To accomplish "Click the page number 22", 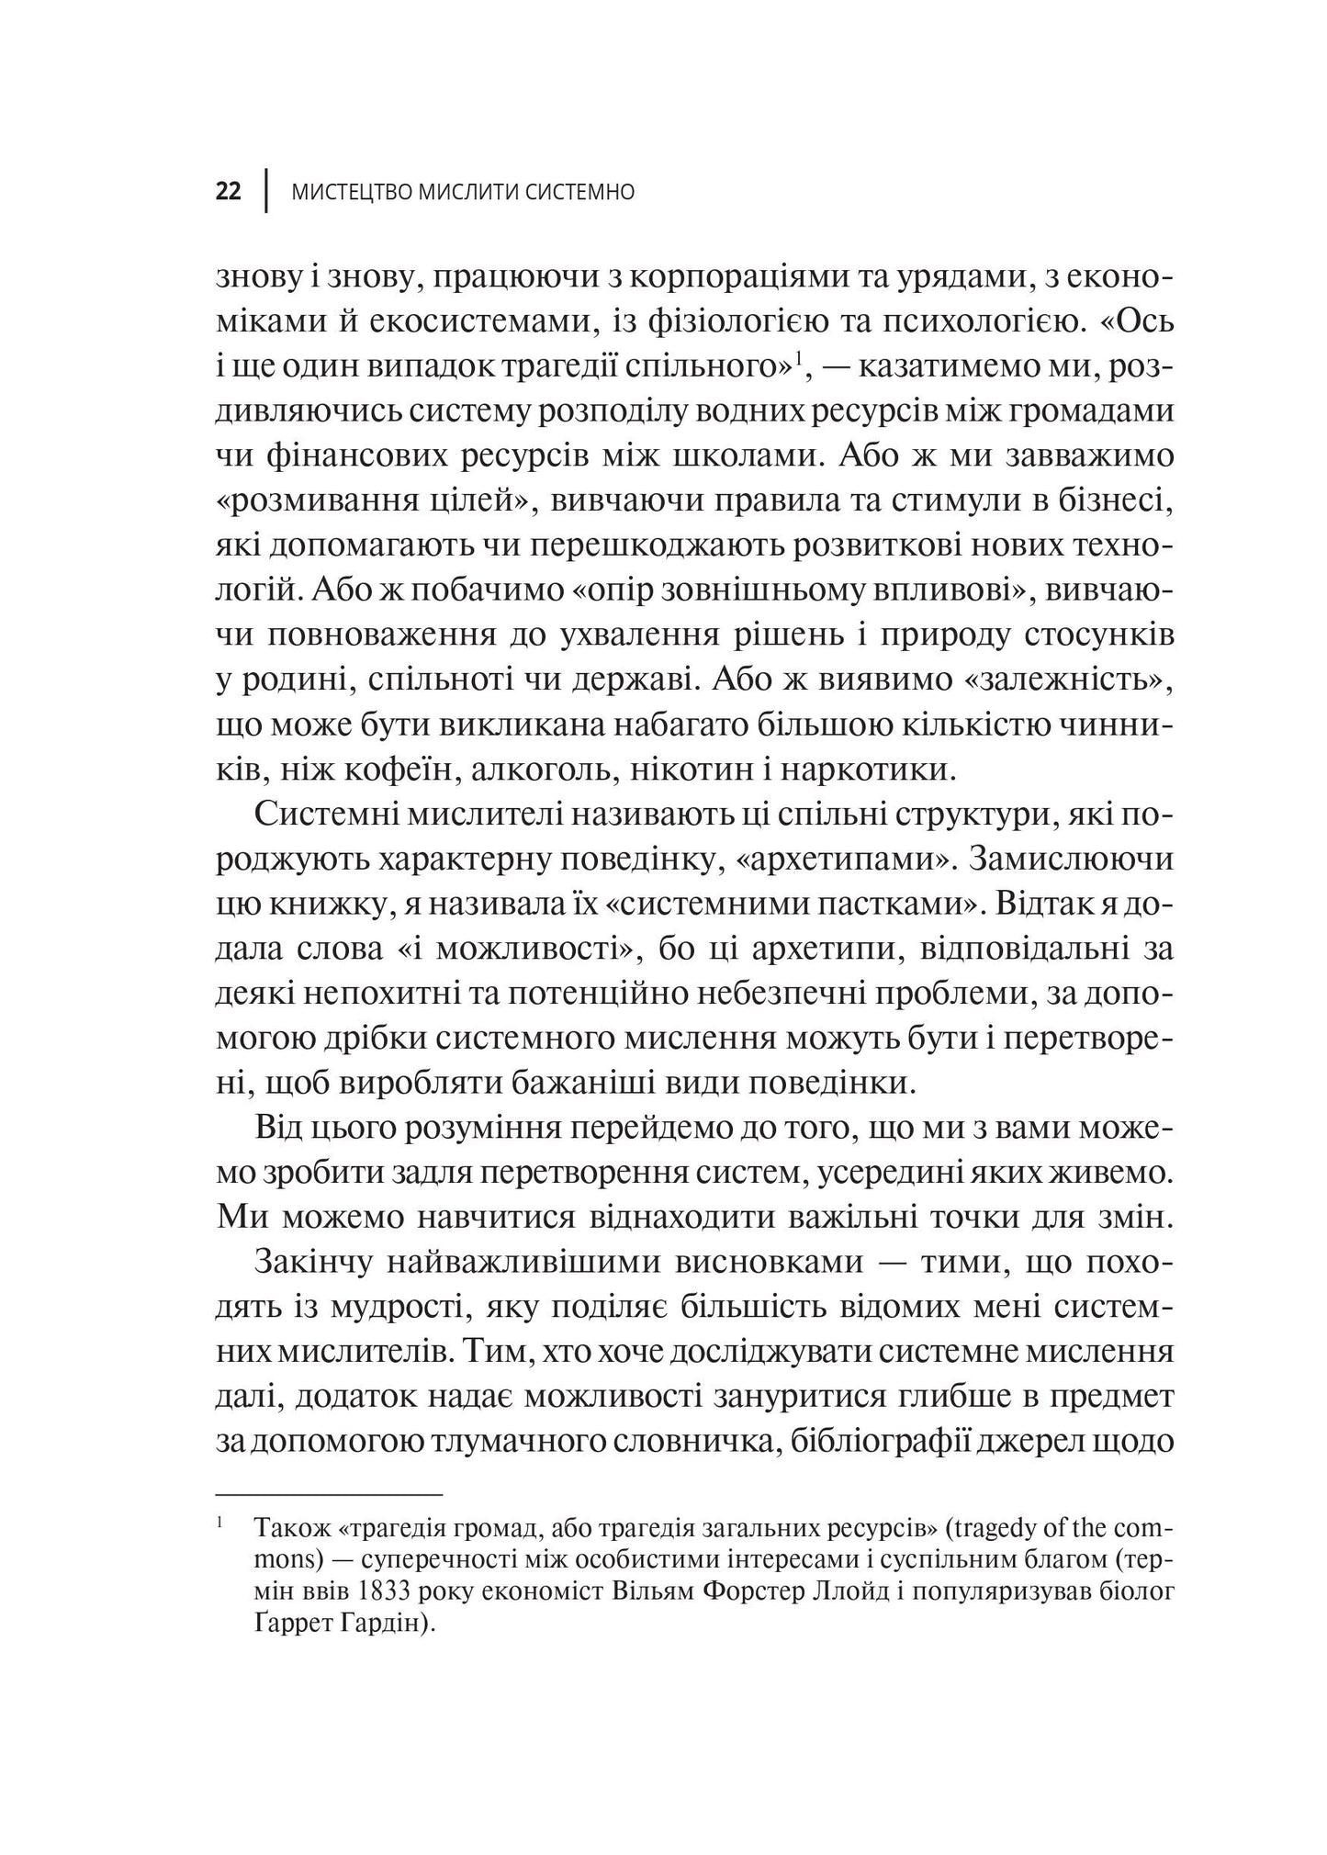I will point(229,193).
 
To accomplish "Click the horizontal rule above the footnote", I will point(329,1494).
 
